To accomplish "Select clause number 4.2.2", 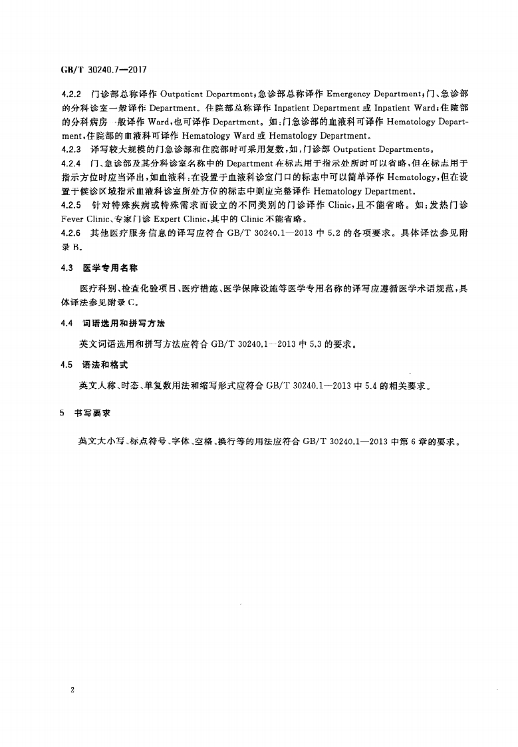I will coord(70,95).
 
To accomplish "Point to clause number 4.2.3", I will coord(70,148).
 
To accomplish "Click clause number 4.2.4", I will coord(70,163).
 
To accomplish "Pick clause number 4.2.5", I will coord(70,205).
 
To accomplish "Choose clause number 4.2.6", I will coord(70,233).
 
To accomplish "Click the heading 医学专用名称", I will coord(109,268).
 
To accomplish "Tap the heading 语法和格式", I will coord(104,365).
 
